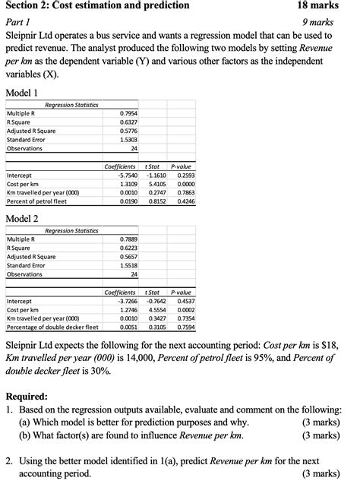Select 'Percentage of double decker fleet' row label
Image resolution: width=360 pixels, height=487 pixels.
52,327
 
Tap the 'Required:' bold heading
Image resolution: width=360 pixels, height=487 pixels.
27,396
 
